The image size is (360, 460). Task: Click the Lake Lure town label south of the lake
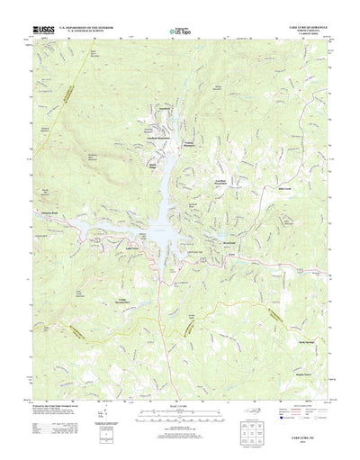point(132,248)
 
